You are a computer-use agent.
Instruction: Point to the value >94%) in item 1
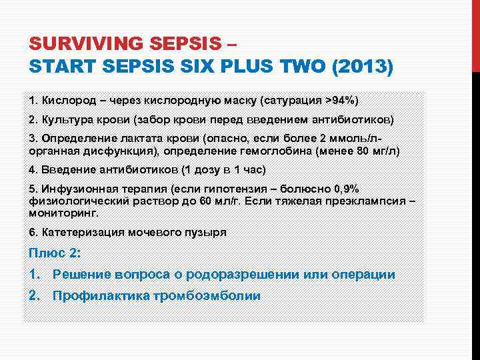[x=341, y=101]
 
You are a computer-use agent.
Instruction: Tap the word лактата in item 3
[x=140, y=139]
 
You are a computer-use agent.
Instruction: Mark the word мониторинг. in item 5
[x=63, y=213]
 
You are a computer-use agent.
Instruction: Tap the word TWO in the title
[x=291, y=67]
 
